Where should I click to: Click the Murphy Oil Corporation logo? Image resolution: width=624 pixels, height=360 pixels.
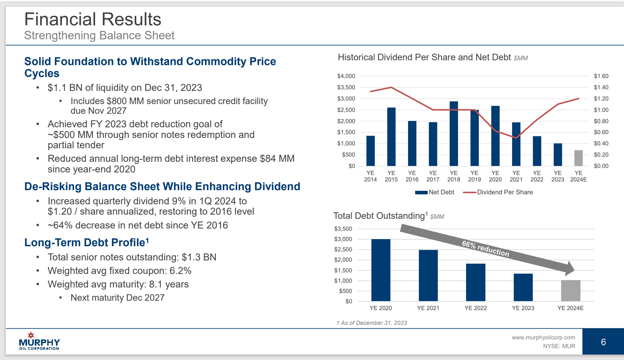coord(39,341)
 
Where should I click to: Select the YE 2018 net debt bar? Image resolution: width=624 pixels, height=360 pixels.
coord(453,134)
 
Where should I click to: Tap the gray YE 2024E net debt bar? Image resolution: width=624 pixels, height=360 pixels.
coord(578,158)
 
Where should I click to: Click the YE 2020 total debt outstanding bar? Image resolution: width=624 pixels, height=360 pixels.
coord(381,270)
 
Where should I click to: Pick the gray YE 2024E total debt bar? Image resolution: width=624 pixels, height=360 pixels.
coord(570,291)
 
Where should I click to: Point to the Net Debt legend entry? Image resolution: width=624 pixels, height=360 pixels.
coord(435,192)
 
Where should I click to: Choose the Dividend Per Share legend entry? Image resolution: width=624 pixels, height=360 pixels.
coord(498,192)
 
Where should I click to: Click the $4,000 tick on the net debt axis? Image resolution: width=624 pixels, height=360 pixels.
coord(346,76)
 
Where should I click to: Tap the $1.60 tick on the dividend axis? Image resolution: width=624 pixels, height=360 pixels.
coord(601,76)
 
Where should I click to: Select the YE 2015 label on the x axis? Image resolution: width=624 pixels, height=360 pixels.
coord(391,176)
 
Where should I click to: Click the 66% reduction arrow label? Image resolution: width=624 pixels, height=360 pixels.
coord(485,248)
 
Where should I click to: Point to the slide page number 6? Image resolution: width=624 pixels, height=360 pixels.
coord(603,342)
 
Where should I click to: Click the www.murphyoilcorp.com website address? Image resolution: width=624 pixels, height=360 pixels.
coord(543,337)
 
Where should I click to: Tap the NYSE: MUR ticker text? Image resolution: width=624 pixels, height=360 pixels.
coord(559,346)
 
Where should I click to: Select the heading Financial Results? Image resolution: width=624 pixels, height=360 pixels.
coord(93,19)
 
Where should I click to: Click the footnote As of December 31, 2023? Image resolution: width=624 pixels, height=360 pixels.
coord(372,323)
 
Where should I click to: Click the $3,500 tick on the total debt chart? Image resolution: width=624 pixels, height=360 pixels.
coord(343,229)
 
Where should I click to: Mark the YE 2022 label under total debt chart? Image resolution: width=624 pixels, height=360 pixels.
coord(475,308)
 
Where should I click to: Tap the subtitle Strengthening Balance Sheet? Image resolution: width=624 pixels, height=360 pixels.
coord(99,35)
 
